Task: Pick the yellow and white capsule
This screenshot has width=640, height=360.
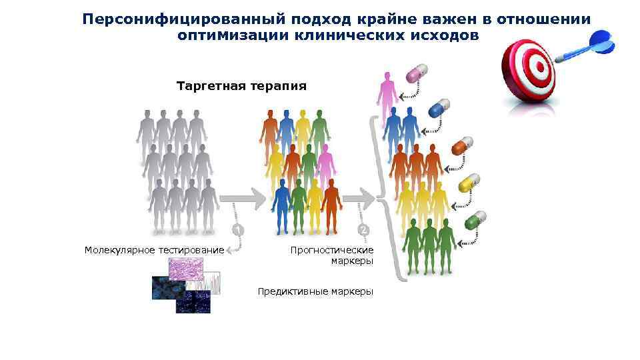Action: [x=469, y=183]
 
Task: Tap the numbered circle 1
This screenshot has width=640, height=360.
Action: [x=237, y=230]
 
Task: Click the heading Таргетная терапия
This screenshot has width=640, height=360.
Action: [x=241, y=86]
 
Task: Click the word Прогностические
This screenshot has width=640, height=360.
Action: [x=332, y=250]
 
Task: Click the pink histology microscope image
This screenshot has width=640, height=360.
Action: [x=190, y=269]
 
